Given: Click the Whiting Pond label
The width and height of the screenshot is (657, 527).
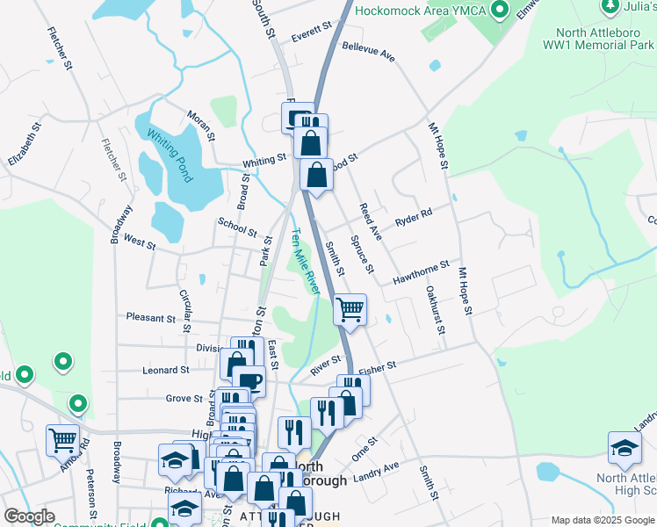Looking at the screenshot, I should (170, 156).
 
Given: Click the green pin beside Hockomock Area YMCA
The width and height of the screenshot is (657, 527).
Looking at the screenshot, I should (501, 11).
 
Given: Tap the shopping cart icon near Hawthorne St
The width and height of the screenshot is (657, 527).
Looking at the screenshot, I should (350, 309).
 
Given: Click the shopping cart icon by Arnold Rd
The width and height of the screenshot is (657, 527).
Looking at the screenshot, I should (62, 439).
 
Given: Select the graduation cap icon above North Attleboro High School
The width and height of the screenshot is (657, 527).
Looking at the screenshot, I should (625, 448).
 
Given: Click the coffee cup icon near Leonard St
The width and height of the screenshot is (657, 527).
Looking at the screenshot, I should (249, 380).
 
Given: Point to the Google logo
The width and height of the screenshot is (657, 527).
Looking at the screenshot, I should (30, 516).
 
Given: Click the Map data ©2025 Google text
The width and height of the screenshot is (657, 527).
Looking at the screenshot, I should (602, 520).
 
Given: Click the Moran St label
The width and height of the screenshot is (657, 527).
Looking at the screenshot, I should (200, 125).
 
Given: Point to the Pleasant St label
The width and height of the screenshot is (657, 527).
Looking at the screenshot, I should (151, 317).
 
